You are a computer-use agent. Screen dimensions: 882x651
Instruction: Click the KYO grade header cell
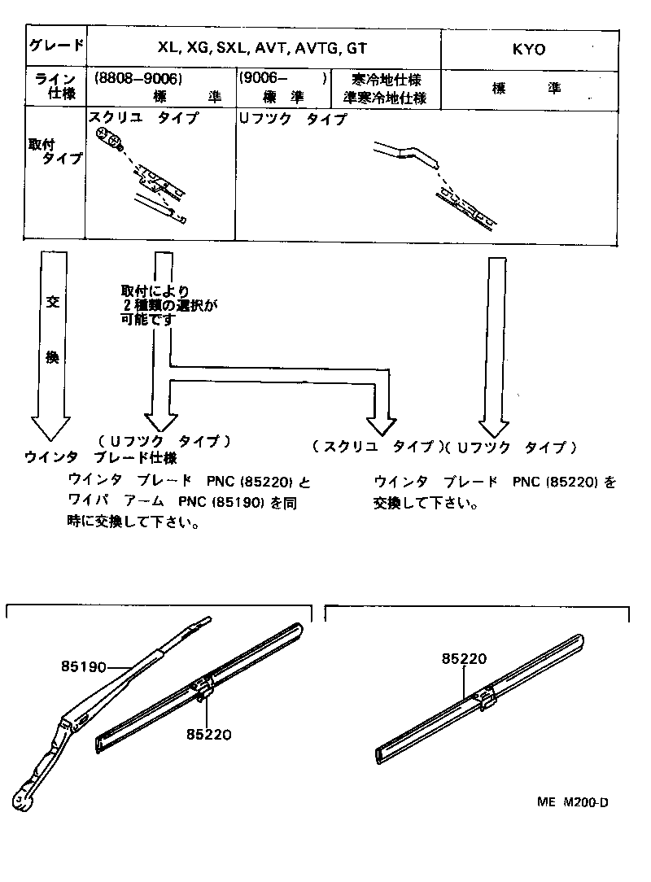529,49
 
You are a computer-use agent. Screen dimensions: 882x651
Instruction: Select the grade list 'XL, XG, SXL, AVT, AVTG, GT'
262,49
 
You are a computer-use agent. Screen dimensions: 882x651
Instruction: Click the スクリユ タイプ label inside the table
142,118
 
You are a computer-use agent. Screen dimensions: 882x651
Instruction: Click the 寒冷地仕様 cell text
386,80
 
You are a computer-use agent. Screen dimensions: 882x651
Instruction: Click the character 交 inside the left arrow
53,303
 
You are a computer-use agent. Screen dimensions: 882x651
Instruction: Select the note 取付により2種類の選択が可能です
169,305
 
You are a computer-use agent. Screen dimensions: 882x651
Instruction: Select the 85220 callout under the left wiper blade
209,733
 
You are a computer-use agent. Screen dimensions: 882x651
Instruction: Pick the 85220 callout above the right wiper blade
465,659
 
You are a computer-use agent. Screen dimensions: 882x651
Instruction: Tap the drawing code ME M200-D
572,802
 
